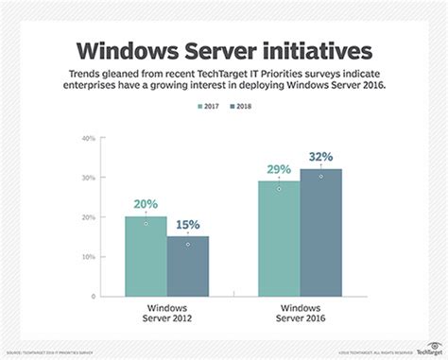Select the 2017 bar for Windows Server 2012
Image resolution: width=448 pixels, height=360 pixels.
[x=146, y=256]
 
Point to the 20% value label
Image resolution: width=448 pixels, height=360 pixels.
[x=146, y=205]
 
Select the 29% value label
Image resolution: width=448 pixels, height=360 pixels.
[x=279, y=169]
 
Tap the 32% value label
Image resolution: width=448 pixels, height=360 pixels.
[x=320, y=157]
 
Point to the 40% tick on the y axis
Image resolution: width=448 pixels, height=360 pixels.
[x=88, y=138]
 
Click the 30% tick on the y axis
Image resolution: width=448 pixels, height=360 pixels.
[x=88, y=178]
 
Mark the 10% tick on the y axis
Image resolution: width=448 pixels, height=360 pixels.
[x=88, y=257]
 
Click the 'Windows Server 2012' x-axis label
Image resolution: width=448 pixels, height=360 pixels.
[x=165, y=314]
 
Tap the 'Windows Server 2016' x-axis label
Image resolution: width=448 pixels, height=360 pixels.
[x=300, y=314]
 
